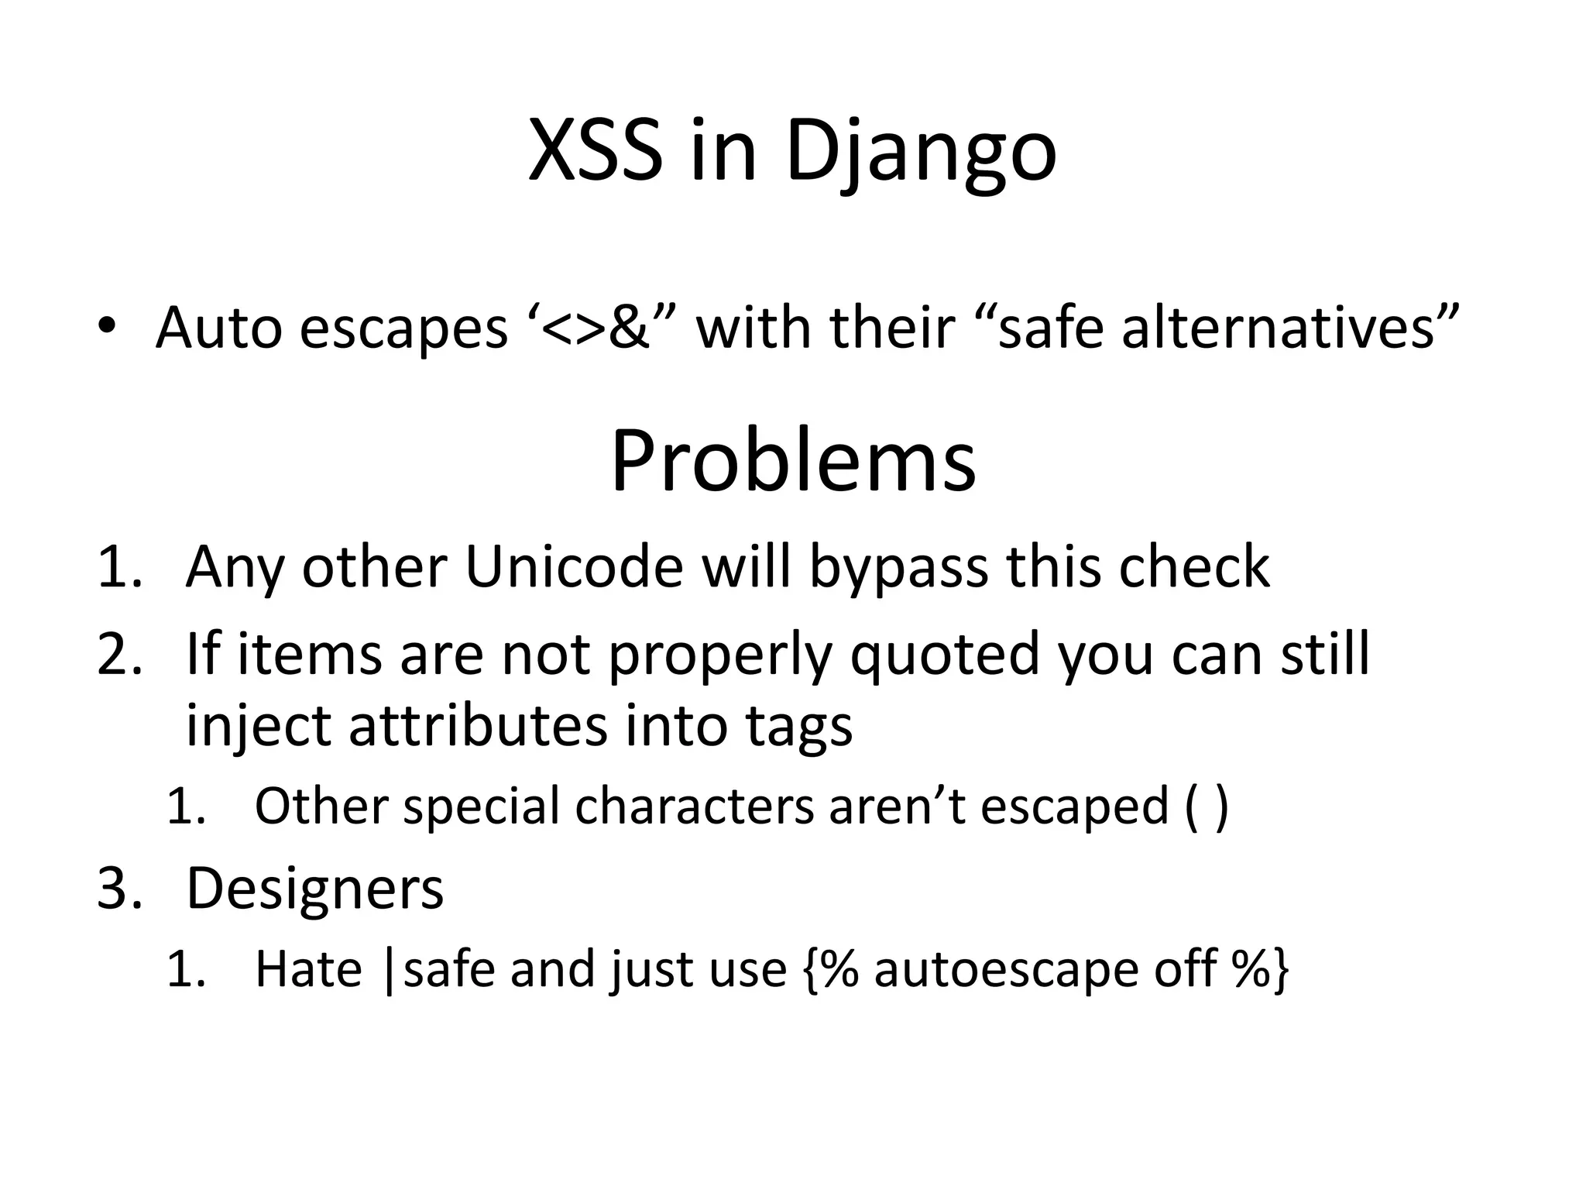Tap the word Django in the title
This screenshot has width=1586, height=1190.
tap(921, 153)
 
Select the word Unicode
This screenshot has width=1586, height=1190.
tap(574, 567)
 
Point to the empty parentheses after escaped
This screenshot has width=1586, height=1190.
tap(1206, 807)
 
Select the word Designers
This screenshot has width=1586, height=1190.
tap(314, 888)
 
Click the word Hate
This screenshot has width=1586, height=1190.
tap(308, 968)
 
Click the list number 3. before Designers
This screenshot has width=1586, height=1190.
tap(120, 888)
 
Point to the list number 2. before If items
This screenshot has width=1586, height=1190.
tap(120, 654)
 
